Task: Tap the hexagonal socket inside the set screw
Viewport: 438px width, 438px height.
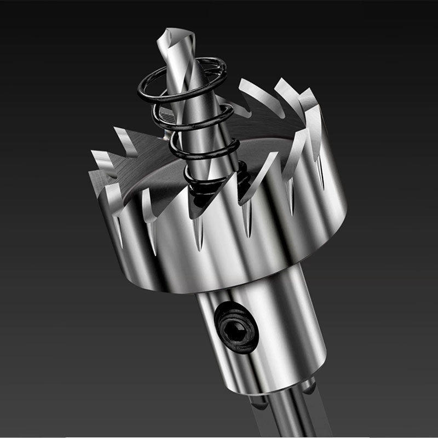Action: click(x=235, y=328)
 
